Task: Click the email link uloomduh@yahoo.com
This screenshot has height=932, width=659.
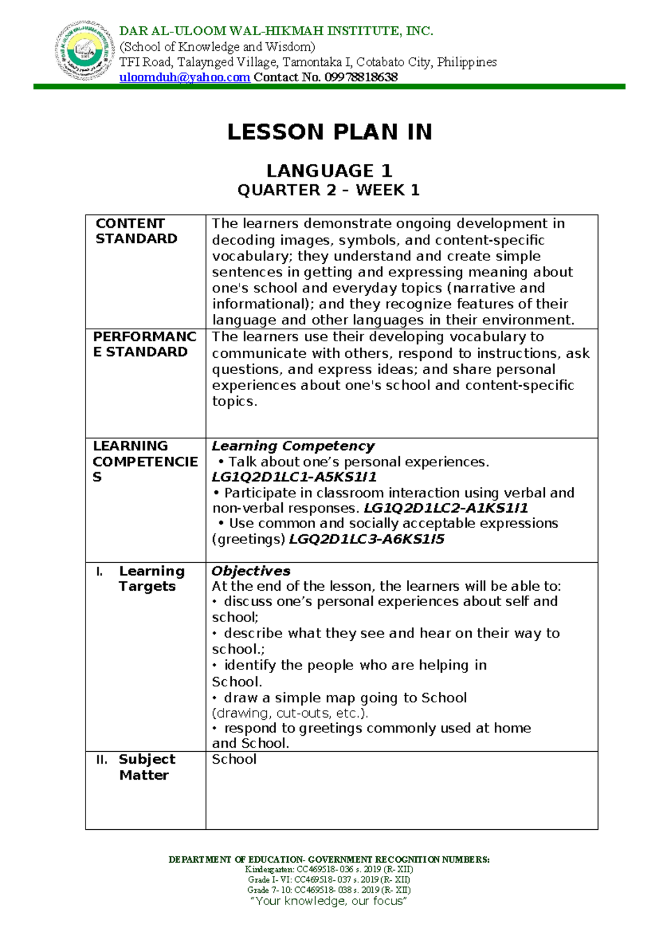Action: [185, 77]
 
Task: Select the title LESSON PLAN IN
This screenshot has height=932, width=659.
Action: [329, 132]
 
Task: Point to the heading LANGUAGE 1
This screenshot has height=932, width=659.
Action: [329, 170]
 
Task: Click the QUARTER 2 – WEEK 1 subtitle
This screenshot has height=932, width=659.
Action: [328, 190]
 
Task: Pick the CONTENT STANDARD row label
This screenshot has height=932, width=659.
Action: [136, 231]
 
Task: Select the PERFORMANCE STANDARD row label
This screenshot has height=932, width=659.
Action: [144, 344]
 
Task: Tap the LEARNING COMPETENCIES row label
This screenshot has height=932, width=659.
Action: [144, 461]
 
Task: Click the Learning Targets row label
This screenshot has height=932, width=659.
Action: [151, 579]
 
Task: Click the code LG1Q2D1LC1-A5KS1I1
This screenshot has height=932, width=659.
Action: [294, 477]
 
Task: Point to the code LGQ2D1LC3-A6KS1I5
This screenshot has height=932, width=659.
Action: [366, 539]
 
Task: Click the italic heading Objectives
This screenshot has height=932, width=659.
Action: [251, 571]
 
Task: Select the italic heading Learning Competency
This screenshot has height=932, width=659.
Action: [293, 446]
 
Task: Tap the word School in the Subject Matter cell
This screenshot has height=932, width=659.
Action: [234, 759]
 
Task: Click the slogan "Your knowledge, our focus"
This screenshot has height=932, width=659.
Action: [329, 901]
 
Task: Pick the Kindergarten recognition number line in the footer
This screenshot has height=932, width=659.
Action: [329, 869]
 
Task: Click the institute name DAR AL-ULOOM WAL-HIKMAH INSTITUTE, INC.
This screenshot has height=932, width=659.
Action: [276, 31]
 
